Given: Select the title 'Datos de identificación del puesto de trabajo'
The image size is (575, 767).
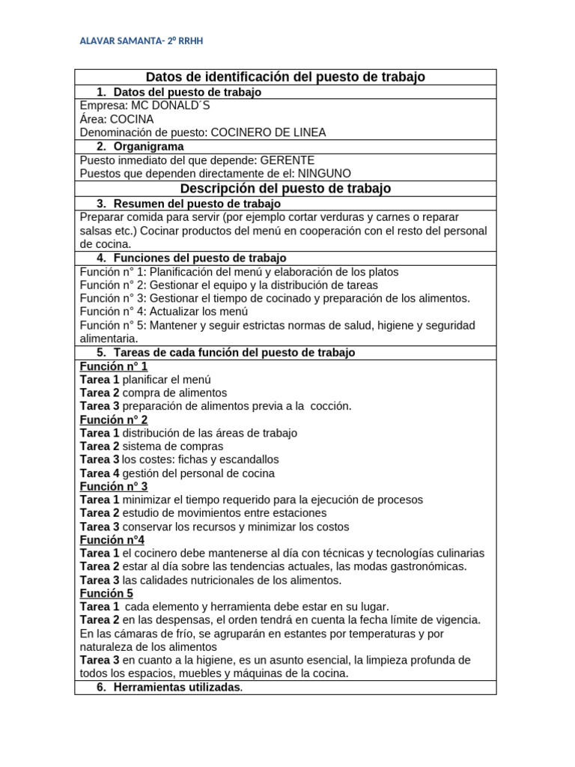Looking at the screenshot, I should (x=285, y=76).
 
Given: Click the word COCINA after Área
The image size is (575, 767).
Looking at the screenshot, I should (x=133, y=119).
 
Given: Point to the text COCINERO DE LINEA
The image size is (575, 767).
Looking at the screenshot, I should (x=268, y=133).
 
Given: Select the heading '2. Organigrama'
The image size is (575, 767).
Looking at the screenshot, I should (x=141, y=146).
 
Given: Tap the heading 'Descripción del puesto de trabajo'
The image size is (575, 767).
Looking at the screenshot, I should (x=285, y=189).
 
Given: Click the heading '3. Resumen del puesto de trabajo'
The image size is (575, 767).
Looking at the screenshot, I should (x=189, y=204).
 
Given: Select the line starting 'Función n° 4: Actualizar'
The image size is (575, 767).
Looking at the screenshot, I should (x=164, y=312).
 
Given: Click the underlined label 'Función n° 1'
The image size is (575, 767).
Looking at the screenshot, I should (x=114, y=366).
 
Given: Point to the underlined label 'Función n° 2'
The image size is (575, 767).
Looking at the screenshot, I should (x=114, y=419).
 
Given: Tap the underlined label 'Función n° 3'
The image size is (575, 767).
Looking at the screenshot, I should (x=114, y=486).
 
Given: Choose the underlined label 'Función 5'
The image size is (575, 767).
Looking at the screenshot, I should (x=106, y=593).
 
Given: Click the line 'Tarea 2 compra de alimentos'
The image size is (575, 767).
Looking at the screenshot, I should (x=153, y=392).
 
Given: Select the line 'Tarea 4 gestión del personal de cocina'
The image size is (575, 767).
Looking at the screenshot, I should (x=177, y=473).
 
